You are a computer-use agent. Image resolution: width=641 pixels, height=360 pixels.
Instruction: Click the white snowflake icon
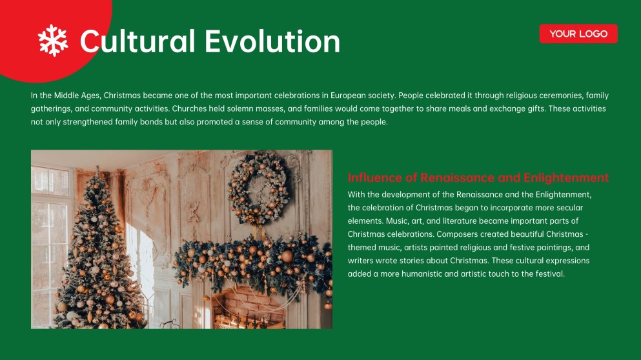coord(53,40)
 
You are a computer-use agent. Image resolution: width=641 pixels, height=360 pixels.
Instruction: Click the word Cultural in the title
coord(137,41)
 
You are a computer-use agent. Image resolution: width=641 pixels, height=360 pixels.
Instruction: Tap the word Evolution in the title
coord(272,41)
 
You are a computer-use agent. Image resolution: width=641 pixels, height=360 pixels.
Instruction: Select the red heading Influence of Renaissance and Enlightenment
coord(478,177)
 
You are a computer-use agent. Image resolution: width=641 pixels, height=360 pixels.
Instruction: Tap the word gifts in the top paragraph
coord(533,108)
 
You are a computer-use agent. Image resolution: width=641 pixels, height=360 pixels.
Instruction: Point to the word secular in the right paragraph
coord(567,208)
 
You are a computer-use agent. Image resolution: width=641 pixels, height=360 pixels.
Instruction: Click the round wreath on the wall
coord(258,189)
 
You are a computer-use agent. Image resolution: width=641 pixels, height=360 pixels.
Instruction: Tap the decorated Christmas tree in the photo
coord(97,258)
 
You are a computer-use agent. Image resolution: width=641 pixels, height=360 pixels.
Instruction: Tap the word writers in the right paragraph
coord(360,261)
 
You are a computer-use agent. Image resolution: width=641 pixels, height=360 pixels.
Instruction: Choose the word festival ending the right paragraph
coord(549,274)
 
